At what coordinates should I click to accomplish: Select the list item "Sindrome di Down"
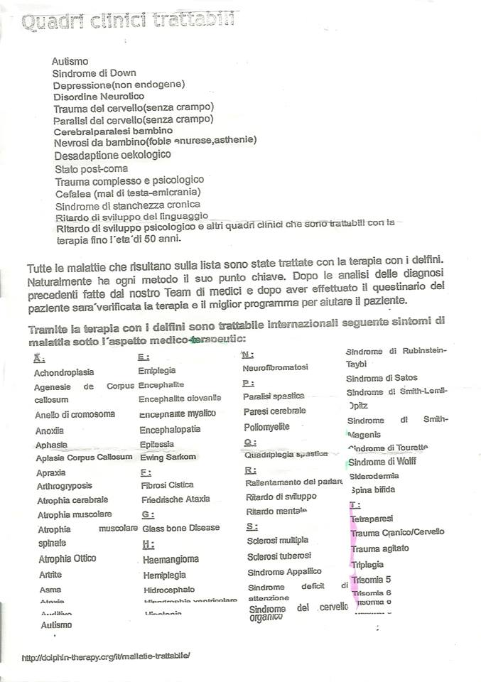point(94,73)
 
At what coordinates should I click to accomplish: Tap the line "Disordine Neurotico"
point(99,96)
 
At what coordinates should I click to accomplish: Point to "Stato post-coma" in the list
point(92,169)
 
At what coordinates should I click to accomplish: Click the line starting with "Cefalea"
point(128,192)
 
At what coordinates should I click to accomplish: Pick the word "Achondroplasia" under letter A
point(64,372)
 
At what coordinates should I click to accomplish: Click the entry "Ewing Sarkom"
point(168,457)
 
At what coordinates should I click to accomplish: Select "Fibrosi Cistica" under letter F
point(167,485)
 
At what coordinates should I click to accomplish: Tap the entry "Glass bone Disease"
point(181,529)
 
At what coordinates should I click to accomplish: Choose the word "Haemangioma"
point(171,560)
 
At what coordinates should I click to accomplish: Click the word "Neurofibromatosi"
point(275,367)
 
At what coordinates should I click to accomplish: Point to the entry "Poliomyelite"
point(266,426)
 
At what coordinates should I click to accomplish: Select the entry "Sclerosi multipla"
point(278,540)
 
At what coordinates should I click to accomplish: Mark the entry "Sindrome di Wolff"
point(382,462)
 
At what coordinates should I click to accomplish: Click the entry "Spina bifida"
point(373,490)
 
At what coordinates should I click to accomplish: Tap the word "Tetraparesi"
point(372,519)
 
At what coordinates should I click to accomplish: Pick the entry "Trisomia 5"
point(371,579)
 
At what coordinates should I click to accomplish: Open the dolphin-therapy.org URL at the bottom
point(107,657)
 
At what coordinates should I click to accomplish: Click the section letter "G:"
point(148,514)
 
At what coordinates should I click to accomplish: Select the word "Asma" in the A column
point(50,590)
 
